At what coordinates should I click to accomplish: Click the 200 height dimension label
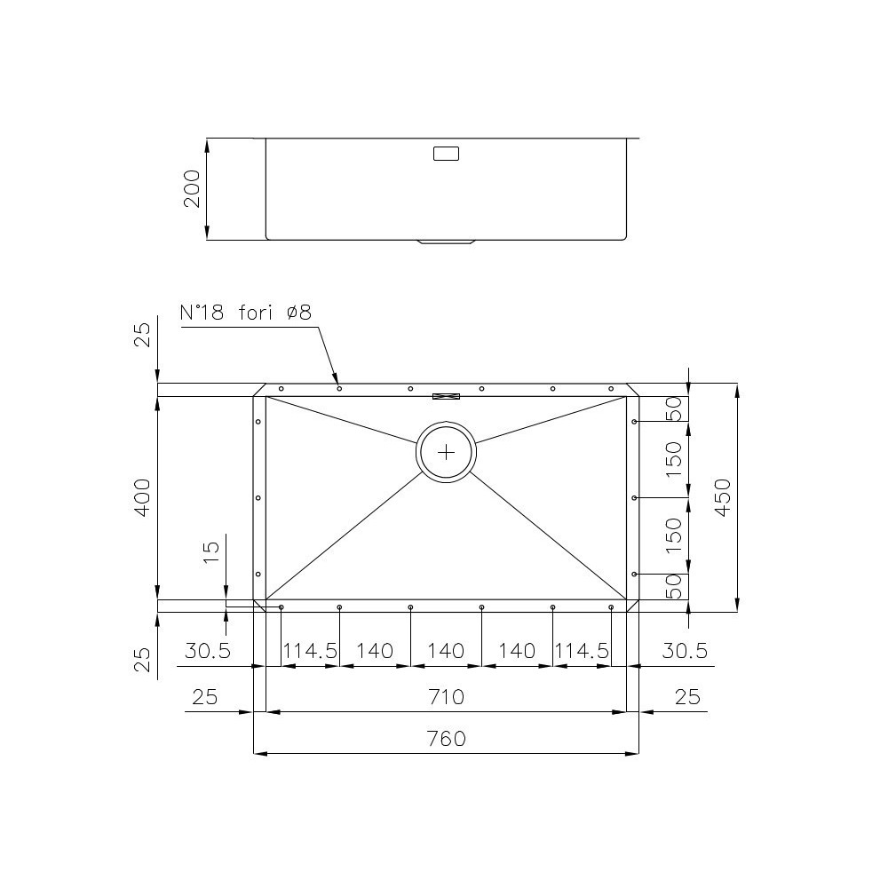[x=192, y=188]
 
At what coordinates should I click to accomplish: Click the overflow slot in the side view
[x=446, y=154]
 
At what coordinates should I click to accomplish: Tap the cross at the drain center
[x=446, y=451]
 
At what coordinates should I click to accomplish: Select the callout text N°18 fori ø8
[x=246, y=313]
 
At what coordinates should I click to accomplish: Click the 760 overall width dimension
[x=446, y=739]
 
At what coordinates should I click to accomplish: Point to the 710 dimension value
[x=446, y=697]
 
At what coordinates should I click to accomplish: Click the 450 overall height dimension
[x=722, y=498]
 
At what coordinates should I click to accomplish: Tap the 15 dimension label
[x=210, y=551]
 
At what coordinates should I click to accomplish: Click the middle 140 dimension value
[x=446, y=651]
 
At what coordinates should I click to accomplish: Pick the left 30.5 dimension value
[x=208, y=651]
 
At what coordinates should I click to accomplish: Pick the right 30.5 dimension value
[x=685, y=651]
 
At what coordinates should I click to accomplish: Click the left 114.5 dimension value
[x=310, y=651]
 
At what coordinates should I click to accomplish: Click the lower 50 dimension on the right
[x=674, y=586]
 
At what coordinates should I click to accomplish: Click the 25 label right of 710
[x=686, y=697]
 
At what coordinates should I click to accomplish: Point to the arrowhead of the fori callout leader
[x=337, y=381]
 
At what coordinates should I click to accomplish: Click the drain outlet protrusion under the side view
[x=447, y=242]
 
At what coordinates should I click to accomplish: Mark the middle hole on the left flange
[x=258, y=498]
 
